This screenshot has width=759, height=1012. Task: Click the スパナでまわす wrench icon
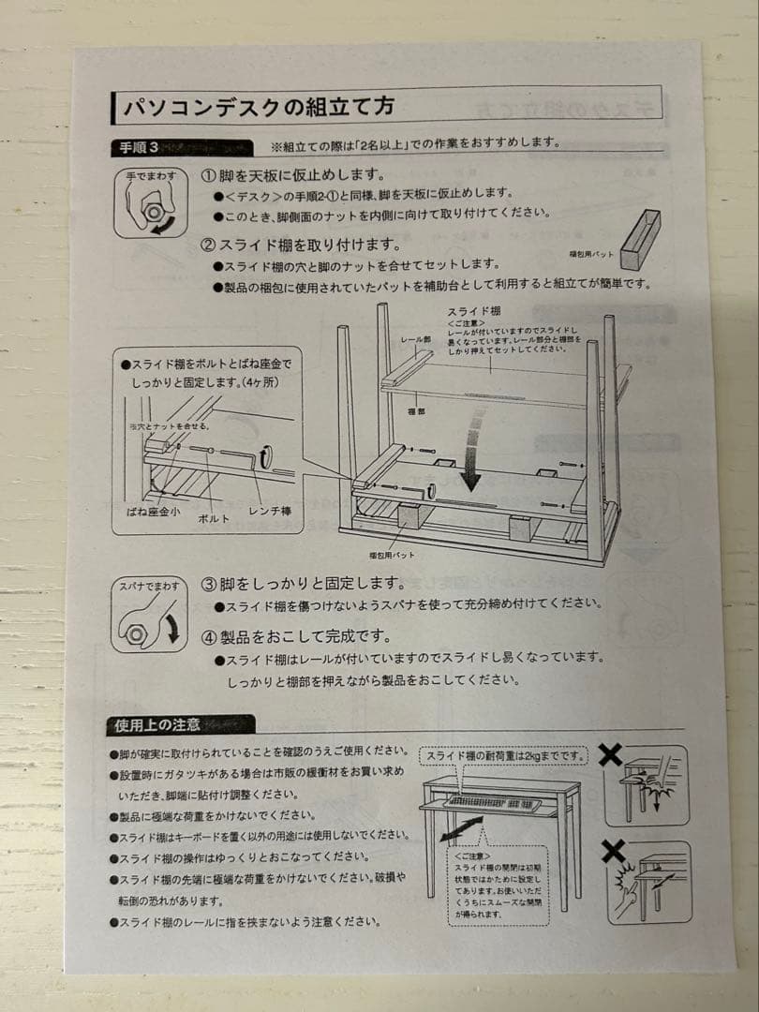tap(149, 615)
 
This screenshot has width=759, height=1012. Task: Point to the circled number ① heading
tap(209, 176)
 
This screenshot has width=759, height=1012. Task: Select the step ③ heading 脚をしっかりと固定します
tap(302, 583)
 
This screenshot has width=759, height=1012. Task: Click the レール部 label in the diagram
tap(414, 338)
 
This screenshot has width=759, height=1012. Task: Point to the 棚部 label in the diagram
tap(417, 410)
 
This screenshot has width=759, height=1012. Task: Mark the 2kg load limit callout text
tap(503, 755)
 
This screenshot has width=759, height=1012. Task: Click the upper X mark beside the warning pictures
tap(610, 754)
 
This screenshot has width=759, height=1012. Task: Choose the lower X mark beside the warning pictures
tap(614, 851)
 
